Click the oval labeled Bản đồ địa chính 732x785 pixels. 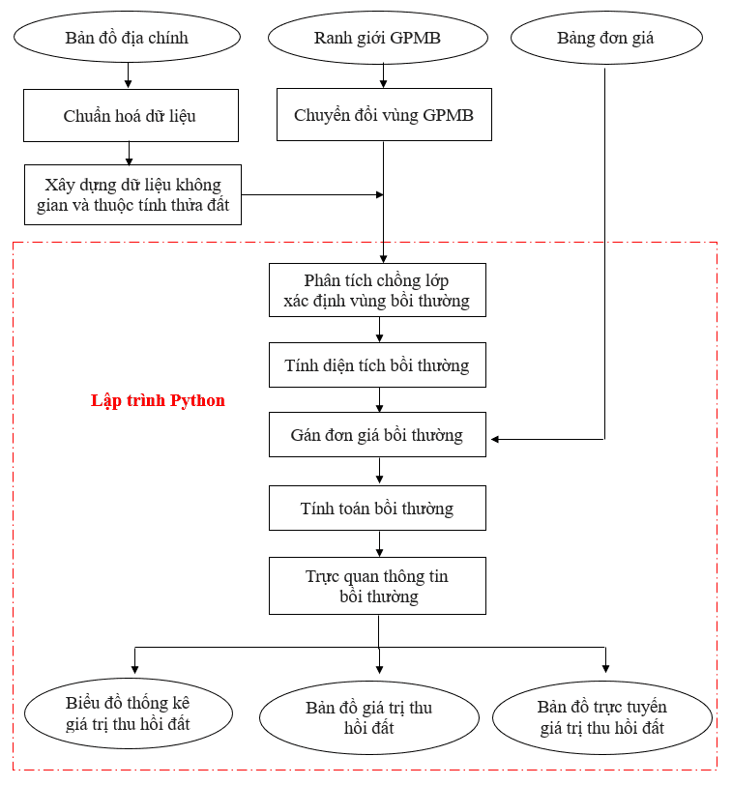coord(127,39)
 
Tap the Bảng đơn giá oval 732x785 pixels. coord(605,39)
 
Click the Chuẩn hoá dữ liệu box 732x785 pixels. coord(131,116)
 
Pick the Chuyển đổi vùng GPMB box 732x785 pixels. coord(384,116)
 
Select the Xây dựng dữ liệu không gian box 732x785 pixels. coord(132,194)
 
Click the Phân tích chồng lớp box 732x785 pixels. coord(377,290)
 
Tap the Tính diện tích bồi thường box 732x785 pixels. coord(377,365)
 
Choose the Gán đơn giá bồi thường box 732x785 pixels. coord(377,435)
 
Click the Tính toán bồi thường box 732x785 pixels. coord(377,509)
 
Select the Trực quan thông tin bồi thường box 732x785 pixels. coord(377,586)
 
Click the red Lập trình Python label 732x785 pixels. coord(158,401)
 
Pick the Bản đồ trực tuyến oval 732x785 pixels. coord(602,717)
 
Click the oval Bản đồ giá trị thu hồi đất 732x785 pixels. coord(368,717)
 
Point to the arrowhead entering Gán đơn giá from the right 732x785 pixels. coord(495,440)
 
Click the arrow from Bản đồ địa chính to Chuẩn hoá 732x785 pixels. coord(128,75)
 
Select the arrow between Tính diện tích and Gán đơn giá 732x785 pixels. coord(379,400)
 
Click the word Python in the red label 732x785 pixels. coord(198,401)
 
